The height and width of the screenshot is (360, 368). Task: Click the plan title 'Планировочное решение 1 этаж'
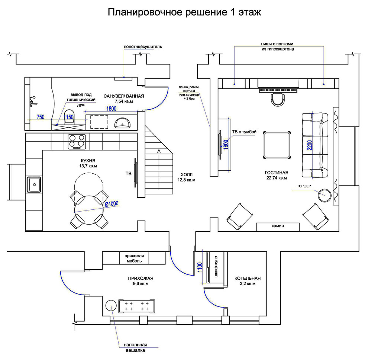pos(184,12)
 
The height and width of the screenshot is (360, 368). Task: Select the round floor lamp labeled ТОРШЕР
pos(325,195)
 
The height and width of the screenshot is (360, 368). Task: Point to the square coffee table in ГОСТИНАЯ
pos(277,145)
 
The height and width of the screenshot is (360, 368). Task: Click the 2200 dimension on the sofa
pos(309,145)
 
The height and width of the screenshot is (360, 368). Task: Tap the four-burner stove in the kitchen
pos(77,141)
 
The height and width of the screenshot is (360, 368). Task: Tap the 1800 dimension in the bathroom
pos(111,109)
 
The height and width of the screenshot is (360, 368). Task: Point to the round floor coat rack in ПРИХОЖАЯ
pos(111,306)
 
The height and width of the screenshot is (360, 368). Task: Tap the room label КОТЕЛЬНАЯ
pos(247,278)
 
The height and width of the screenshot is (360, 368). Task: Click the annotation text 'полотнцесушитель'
pos(143,47)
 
